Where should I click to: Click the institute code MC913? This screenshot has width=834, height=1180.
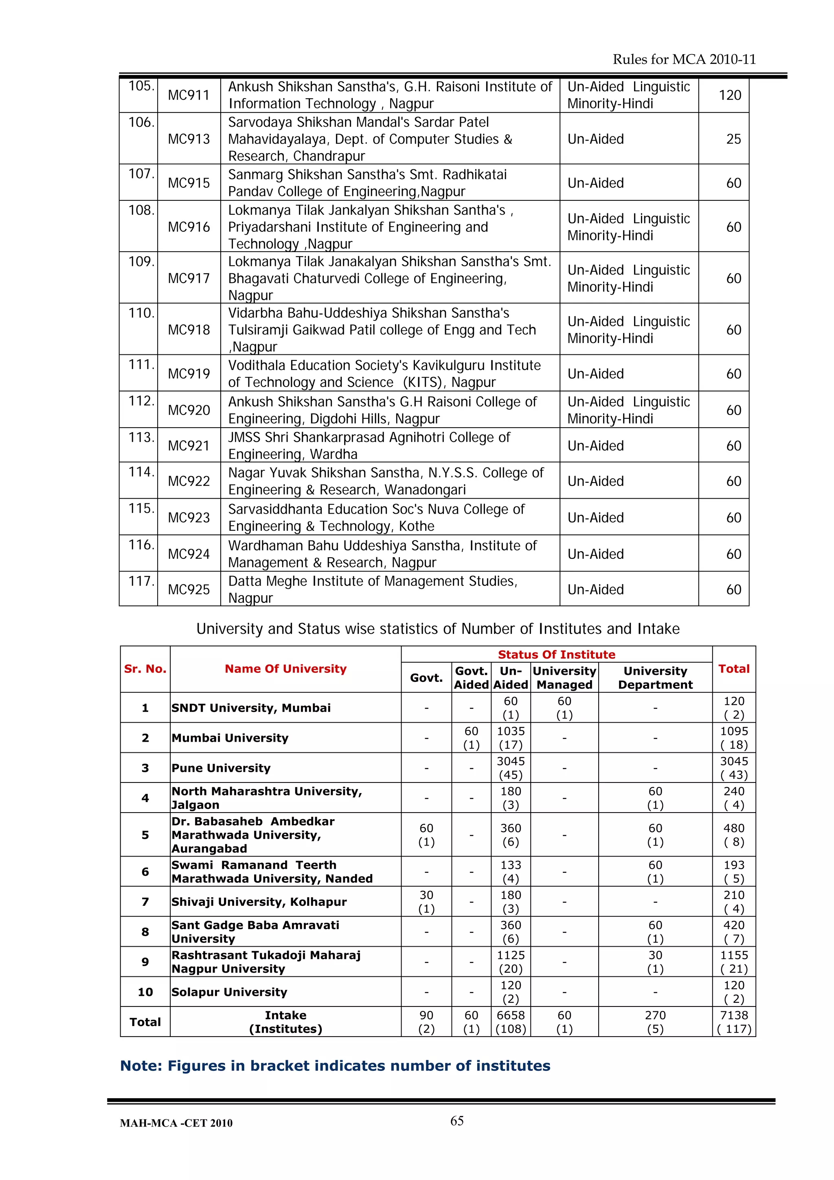[189, 139]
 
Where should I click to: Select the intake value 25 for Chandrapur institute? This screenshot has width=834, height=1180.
[733, 139]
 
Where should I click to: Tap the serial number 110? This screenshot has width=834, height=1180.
[141, 312]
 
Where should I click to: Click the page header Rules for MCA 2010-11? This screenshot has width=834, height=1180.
[684, 59]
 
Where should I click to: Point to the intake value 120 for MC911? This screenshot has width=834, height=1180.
[730, 95]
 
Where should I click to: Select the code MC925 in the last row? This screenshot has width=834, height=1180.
[189, 589]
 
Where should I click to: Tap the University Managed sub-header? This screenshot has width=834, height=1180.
[564, 677]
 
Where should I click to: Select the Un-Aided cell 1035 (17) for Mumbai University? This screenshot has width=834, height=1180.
[510, 738]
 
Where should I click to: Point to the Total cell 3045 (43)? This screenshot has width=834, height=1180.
[734, 768]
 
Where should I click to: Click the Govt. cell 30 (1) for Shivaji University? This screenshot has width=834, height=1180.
[426, 901]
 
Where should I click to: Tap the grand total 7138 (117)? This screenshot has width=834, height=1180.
[734, 1022]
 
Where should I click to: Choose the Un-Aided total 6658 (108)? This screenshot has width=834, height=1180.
[510, 1022]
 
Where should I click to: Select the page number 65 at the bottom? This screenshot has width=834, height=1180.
[457, 1121]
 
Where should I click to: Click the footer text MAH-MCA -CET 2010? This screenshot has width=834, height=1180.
[176, 1123]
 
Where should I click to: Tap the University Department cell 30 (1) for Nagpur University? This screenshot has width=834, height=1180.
[655, 962]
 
